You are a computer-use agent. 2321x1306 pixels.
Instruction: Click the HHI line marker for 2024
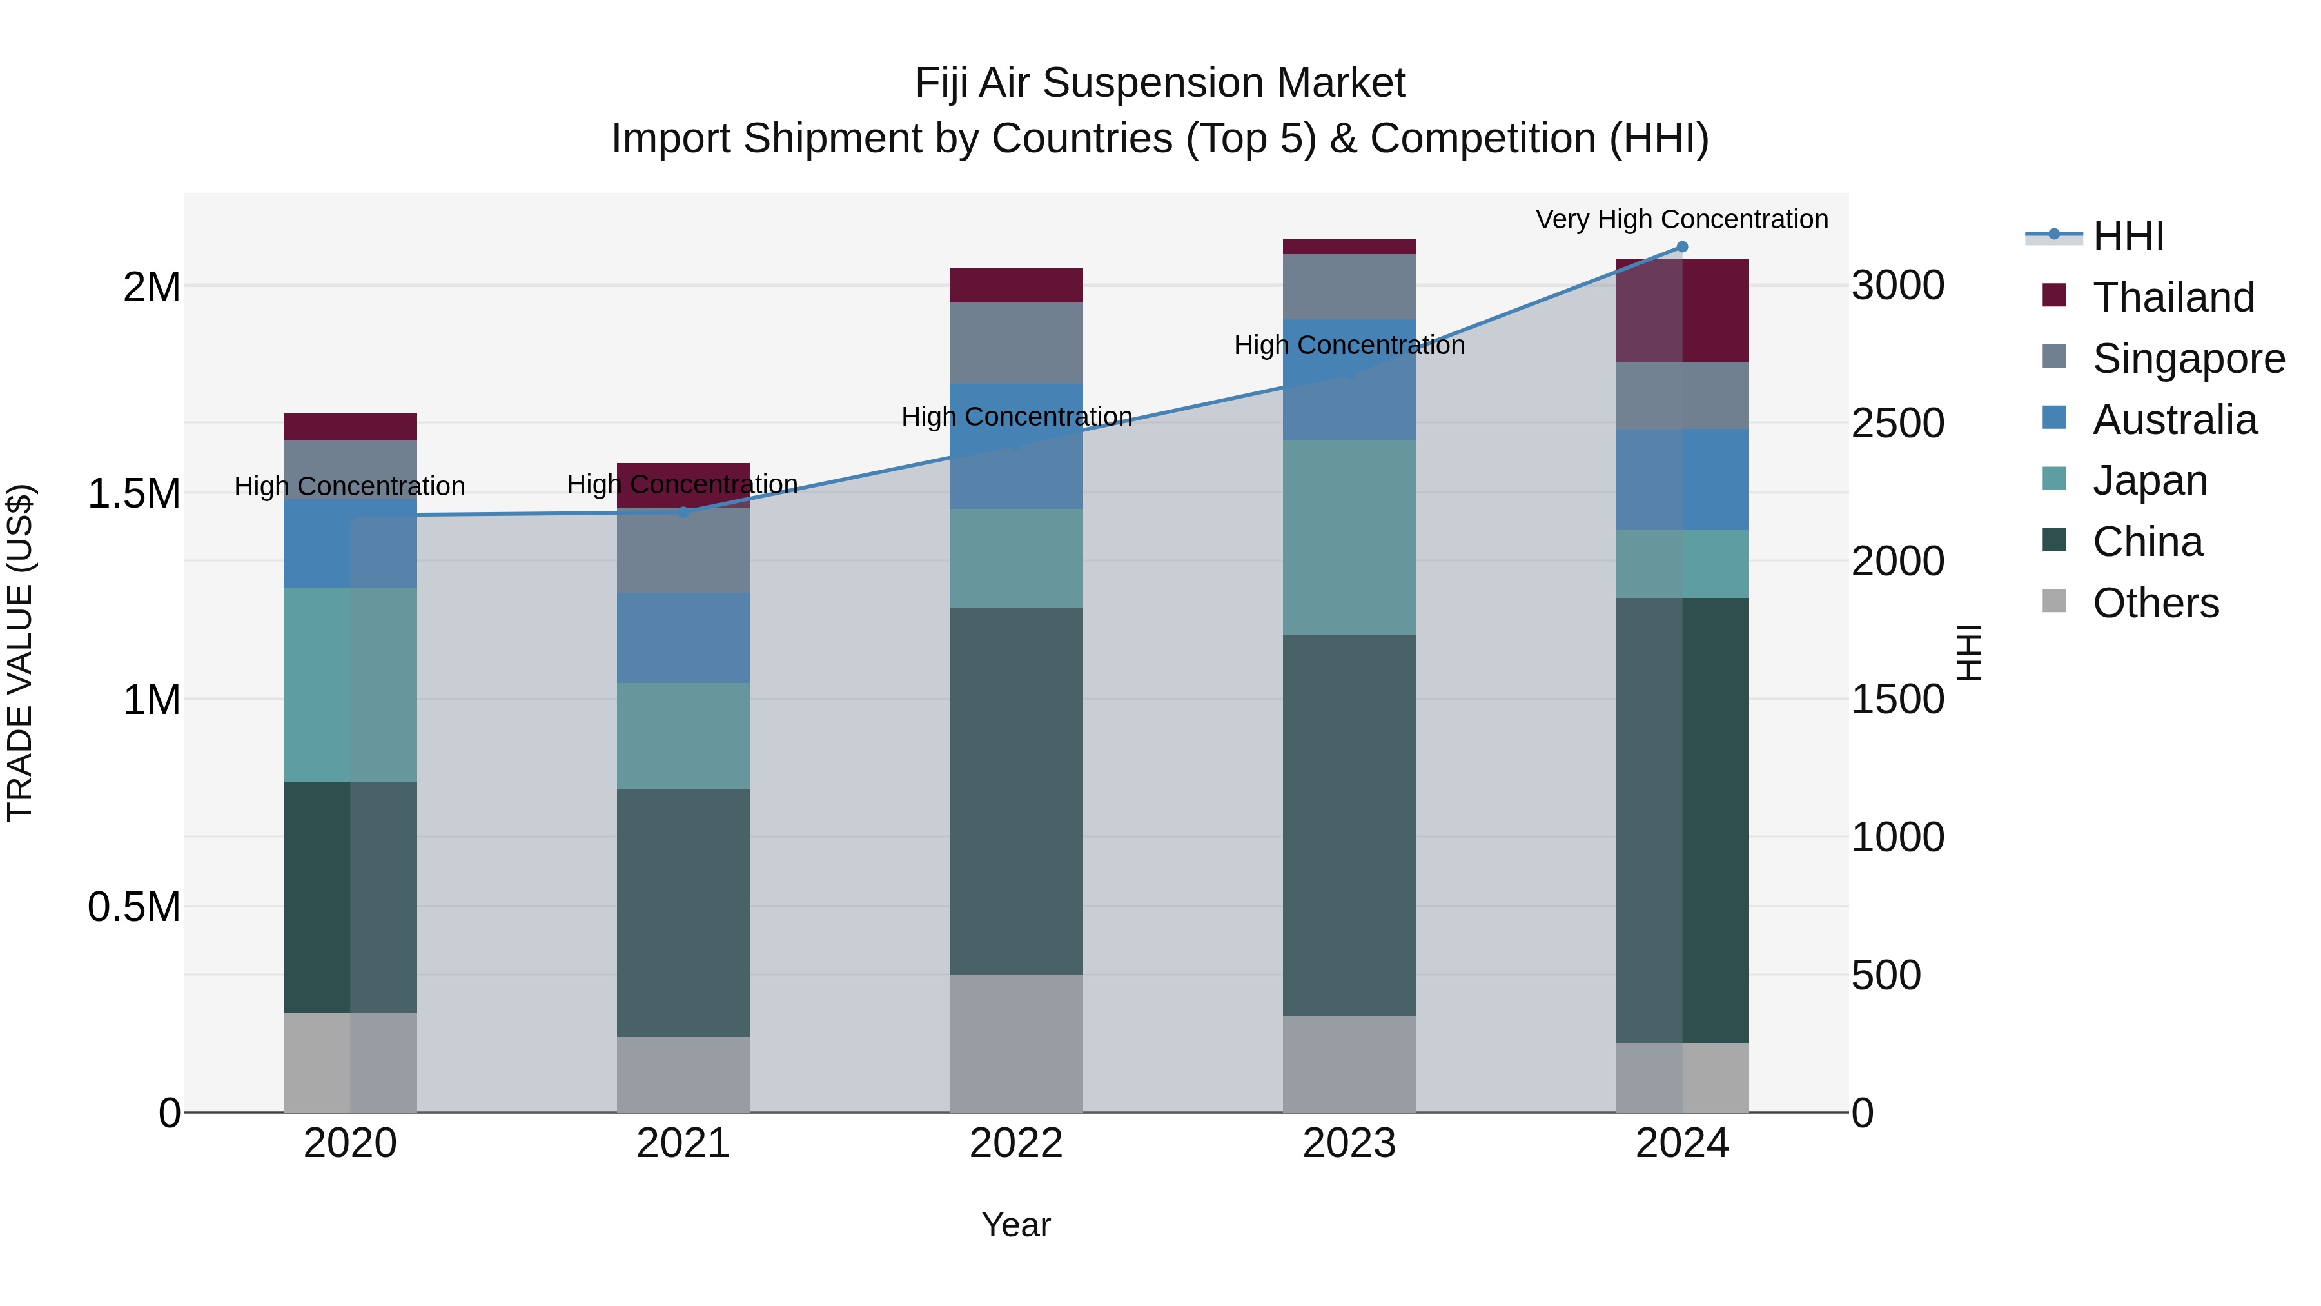point(1681,247)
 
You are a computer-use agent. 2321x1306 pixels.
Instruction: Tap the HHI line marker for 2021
point(683,512)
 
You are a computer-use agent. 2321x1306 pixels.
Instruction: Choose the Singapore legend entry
point(2188,359)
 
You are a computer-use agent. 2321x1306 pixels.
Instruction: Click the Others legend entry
point(2155,603)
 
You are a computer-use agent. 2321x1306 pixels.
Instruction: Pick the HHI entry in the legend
point(2128,236)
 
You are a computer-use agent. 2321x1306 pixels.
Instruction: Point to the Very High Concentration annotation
point(1681,219)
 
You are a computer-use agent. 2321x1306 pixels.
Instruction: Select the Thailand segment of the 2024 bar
point(1681,310)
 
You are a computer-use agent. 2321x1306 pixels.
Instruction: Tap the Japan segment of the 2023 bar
point(1349,537)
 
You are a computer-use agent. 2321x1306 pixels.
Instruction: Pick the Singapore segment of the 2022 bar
point(1015,342)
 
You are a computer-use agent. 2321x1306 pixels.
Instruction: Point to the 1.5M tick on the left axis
point(133,494)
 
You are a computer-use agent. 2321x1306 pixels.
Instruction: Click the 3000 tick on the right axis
point(1897,286)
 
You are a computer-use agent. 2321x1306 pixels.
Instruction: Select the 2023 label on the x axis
point(1349,1143)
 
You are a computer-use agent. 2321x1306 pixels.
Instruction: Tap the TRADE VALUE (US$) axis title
point(20,653)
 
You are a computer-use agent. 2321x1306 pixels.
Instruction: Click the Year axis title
point(1015,1225)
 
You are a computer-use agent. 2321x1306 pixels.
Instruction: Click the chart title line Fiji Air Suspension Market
point(1160,83)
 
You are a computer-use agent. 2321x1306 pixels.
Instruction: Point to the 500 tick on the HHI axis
point(1886,975)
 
